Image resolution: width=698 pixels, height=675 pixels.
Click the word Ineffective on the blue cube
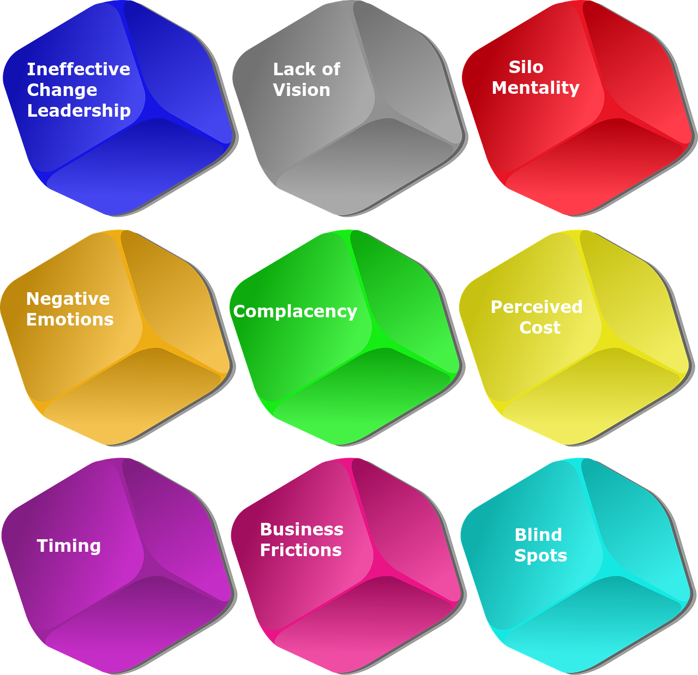click(79, 69)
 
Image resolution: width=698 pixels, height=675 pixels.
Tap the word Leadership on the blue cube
click(79, 111)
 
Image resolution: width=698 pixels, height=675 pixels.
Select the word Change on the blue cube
click(62, 90)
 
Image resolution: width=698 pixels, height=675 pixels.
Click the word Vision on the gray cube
click(301, 90)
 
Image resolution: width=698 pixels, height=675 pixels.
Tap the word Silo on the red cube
click(526, 67)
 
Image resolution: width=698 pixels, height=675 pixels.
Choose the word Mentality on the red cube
click(535, 88)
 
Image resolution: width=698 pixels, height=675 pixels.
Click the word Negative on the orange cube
click(68, 299)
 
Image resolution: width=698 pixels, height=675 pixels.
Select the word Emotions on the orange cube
click(70, 320)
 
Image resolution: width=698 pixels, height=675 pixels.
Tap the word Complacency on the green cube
click(295, 311)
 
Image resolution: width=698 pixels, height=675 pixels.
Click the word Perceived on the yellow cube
click(536, 307)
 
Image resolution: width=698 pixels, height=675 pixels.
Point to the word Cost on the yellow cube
click(539, 328)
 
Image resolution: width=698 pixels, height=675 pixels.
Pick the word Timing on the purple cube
click(69, 546)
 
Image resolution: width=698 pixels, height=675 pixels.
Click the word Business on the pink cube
click(302, 529)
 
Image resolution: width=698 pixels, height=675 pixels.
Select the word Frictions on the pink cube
click(300, 550)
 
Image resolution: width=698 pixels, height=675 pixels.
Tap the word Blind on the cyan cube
click(538, 535)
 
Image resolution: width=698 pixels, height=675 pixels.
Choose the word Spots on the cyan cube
click(540, 556)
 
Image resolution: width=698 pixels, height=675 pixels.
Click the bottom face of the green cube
click(360, 395)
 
